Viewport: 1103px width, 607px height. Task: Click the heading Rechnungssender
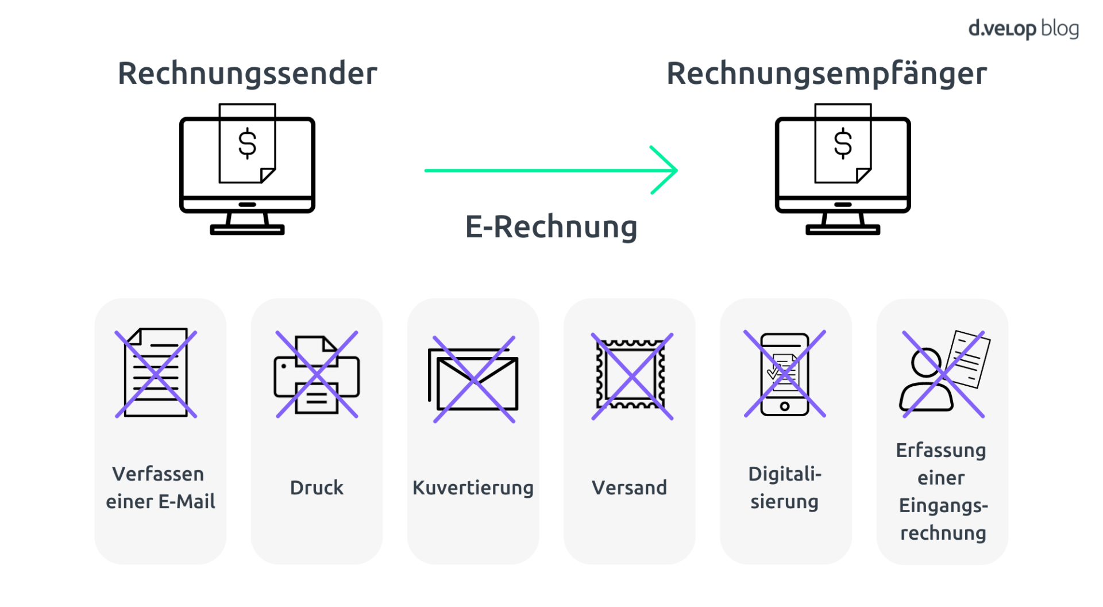247,74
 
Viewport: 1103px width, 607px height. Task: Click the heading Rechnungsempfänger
826,74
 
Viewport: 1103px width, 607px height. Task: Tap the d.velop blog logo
1023,29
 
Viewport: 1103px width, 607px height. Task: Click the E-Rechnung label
551,226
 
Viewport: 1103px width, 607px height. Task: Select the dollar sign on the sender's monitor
248,144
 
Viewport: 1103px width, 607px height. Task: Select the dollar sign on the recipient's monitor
843,144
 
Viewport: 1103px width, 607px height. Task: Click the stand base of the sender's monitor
248,230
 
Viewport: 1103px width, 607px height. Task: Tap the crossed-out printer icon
317,374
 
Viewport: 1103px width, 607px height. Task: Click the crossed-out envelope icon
473,379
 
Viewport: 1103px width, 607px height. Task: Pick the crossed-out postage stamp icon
632,376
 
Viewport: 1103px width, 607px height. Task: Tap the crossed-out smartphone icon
785,374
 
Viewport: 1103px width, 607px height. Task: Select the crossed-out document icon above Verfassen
156,373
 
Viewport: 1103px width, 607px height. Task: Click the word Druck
317,487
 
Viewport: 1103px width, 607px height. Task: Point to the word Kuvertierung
473,487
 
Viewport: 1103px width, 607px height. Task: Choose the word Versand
629,487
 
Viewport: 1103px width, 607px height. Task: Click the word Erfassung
941,450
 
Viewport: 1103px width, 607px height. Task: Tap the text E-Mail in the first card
187,501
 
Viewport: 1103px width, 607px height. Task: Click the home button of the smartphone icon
785,406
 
